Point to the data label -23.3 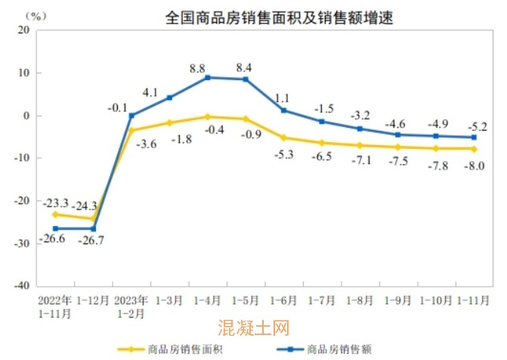point(55,203)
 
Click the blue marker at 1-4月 point(208,78)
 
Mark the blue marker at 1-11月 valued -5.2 point(474,138)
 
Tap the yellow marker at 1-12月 point(94,219)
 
